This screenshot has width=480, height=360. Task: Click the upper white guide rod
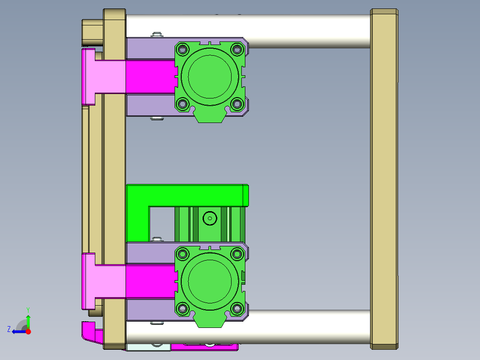pyautogui.click(x=307, y=30)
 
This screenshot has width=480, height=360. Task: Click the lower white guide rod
pyautogui.click(x=307, y=326)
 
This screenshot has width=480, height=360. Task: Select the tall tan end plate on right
pyautogui.click(x=384, y=178)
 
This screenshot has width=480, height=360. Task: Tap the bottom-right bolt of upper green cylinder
pyautogui.click(x=237, y=104)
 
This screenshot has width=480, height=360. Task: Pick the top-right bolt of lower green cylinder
pyautogui.click(x=237, y=254)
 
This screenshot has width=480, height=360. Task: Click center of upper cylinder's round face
pyautogui.click(x=209, y=76)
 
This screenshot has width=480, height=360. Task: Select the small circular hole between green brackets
pyautogui.click(x=209, y=218)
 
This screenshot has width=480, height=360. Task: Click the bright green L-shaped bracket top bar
pyautogui.click(x=187, y=195)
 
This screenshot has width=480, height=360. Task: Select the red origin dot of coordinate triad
pyautogui.click(x=28, y=331)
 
